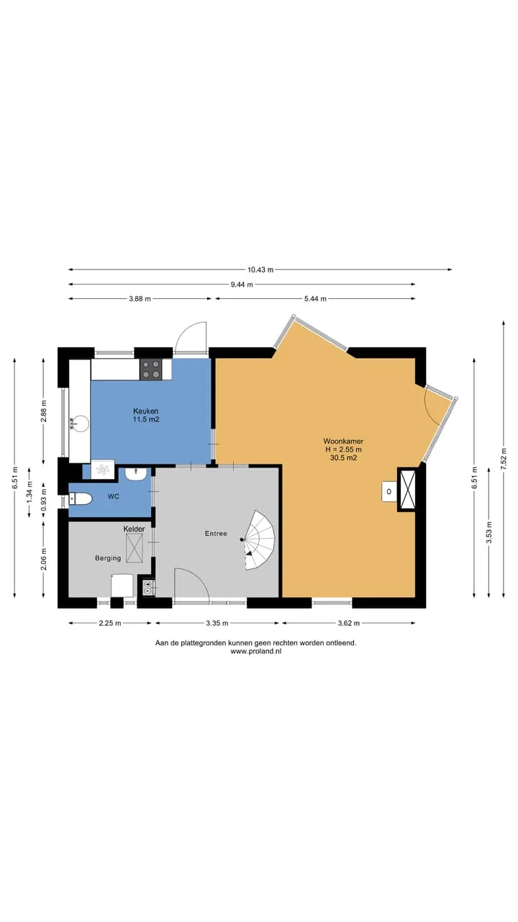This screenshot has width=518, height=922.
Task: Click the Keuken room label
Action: pos(145,411)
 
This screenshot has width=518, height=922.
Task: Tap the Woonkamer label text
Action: pos(343,442)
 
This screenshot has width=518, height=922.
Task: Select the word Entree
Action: pos(216,534)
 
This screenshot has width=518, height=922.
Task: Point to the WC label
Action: pos(114,496)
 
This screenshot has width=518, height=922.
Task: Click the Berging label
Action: pos(108,558)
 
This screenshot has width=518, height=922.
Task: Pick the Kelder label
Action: pos(134,529)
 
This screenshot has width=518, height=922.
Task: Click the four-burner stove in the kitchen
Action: pos(150,370)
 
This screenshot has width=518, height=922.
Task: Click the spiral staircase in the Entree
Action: pos(259,540)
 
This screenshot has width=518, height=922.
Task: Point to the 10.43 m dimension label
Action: pos(260,270)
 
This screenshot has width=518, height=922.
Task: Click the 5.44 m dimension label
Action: pos(315,299)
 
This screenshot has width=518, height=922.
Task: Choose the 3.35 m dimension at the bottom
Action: pos(217,623)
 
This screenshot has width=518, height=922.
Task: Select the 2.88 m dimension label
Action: pos(44,411)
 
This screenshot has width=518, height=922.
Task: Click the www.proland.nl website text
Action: pos(255,651)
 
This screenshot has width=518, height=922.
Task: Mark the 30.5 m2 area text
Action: pos(343,457)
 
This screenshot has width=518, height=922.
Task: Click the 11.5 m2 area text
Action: pos(145,420)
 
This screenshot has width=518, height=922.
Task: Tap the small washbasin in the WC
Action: pos(136,474)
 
